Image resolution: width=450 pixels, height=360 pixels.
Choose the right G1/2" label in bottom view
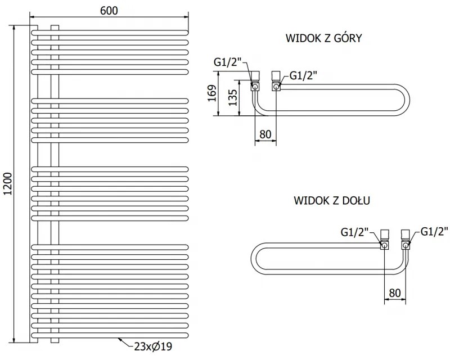[433, 231]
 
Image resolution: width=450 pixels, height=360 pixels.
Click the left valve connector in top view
[255, 80]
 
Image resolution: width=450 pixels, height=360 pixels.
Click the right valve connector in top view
[276, 80]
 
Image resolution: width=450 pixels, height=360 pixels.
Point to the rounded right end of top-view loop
[414, 101]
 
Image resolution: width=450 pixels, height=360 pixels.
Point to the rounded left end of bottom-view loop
[254, 259]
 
